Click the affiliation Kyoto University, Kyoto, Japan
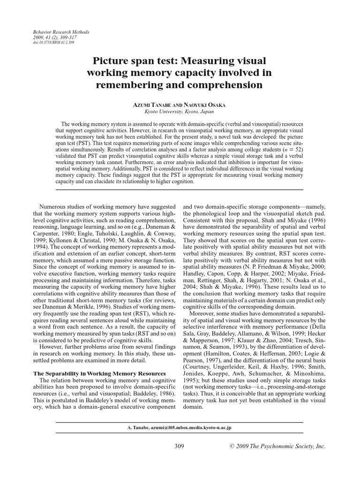[180, 112]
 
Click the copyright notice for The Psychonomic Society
[276, 446]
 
